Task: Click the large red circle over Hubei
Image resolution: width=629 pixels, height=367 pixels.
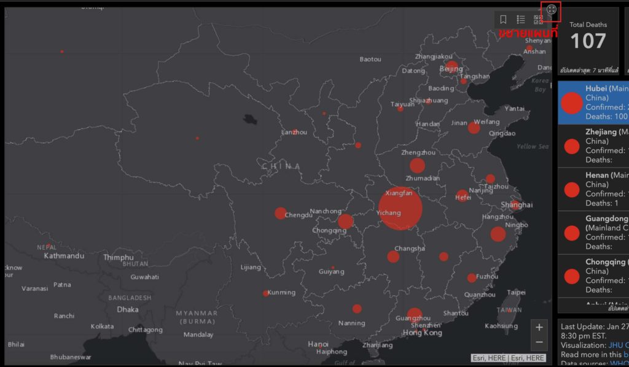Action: [x=400, y=209]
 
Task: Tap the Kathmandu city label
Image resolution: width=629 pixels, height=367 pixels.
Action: [x=64, y=255]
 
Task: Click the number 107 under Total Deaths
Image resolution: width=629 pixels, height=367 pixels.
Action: [x=588, y=41]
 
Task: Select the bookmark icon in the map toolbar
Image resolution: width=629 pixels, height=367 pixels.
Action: [x=503, y=20]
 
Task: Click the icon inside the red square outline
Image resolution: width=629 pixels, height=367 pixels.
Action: [x=551, y=10]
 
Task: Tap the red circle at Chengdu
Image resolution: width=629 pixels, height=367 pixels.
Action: [x=281, y=213]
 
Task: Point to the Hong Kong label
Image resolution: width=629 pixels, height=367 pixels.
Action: [x=422, y=333]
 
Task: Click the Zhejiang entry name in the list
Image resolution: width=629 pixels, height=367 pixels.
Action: [x=600, y=132]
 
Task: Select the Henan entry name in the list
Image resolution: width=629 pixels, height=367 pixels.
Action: [x=597, y=176]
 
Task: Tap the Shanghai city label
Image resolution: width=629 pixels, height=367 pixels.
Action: [x=517, y=204]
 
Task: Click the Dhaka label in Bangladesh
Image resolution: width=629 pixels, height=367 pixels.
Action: [x=128, y=310]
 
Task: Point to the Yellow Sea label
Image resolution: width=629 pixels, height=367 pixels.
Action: [x=532, y=147]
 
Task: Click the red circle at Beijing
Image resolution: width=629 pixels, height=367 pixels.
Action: [x=452, y=68]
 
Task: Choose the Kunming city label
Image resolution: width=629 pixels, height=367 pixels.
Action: [x=281, y=293]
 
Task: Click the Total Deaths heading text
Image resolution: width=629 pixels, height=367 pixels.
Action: [x=588, y=25]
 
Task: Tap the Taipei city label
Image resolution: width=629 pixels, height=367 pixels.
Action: [x=516, y=293]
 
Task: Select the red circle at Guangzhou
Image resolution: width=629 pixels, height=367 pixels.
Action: [x=415, y=315]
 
